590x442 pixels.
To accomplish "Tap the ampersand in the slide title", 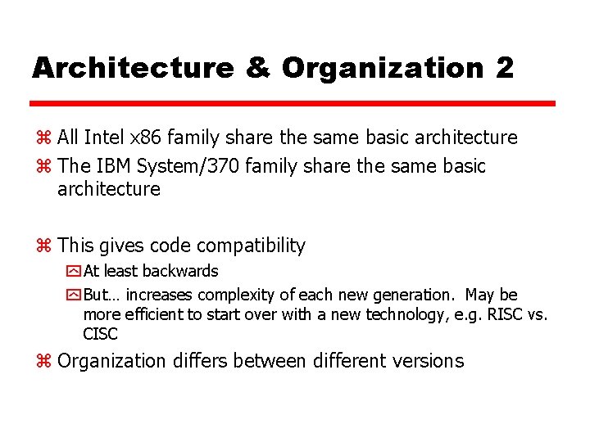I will pos(257,67).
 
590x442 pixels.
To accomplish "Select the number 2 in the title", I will pos(504,67).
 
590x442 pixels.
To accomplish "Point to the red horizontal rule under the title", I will pos(293,104).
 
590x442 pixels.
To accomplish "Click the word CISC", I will pos(100,334).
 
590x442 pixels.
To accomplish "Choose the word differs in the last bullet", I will pos(197,361).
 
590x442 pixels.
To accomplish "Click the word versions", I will pos(426,361).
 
